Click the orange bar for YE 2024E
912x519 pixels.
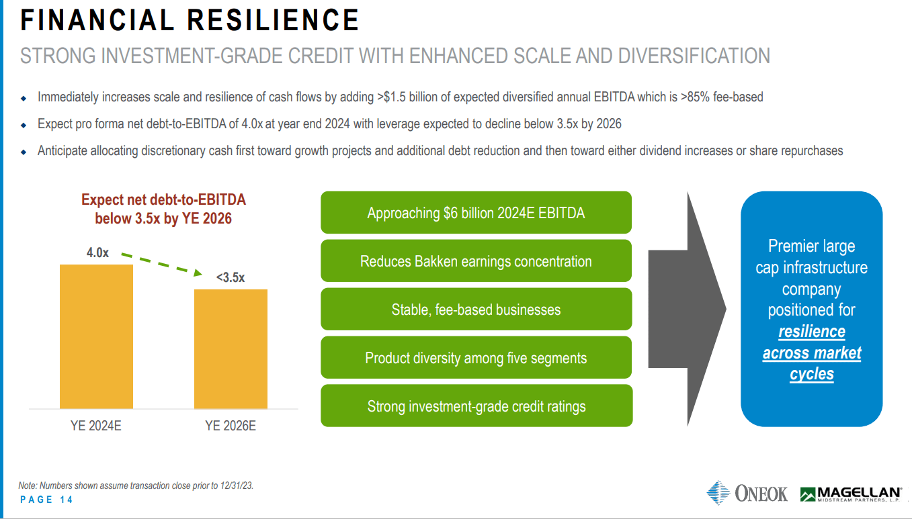tap(96, 336)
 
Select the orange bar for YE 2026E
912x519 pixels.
tap(231, 348)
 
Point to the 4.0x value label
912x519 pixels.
tap(97, 253)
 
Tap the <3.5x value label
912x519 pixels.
tap(230, 277)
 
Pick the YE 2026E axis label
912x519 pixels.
tap(231, 426)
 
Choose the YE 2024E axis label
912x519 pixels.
tap(96, 426)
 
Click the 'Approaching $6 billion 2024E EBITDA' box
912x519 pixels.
tap(476, 213)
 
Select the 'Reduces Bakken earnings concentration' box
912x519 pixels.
tap(476, 261)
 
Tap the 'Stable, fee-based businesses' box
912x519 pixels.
tap(476, 310)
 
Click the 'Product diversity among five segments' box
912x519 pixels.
tap(476, 358)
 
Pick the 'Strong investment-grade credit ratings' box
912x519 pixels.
tap(476, 406)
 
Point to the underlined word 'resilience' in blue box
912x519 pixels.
tap(811, 332)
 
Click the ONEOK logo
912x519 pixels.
tap(747, 493)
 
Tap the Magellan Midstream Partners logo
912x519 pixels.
tap(851, 494)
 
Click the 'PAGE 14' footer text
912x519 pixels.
tap(46, 500)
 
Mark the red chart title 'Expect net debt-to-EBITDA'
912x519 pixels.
tap(163, 199)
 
